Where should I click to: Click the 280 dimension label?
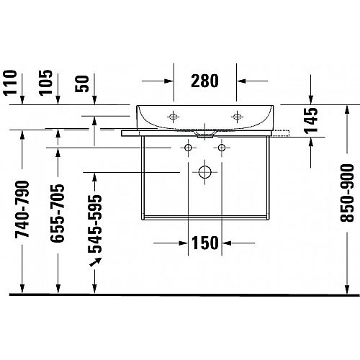204,81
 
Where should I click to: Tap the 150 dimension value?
205,243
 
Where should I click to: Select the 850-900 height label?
347,193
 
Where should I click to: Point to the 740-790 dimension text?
22,209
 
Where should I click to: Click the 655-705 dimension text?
58,213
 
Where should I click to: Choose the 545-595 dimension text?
95,225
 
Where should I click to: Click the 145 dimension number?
311,120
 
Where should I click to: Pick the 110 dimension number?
11,83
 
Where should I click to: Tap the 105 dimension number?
46,83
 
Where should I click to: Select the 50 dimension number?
82,84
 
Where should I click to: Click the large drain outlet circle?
204,172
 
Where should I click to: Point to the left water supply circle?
188,148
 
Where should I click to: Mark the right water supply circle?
222,148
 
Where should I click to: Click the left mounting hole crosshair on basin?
173,117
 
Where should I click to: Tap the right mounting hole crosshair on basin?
237,117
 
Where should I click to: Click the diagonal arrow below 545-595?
96,262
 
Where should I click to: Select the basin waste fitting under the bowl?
204,135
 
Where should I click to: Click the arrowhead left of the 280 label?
168,81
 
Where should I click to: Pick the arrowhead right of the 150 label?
226,243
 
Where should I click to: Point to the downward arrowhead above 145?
311,99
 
